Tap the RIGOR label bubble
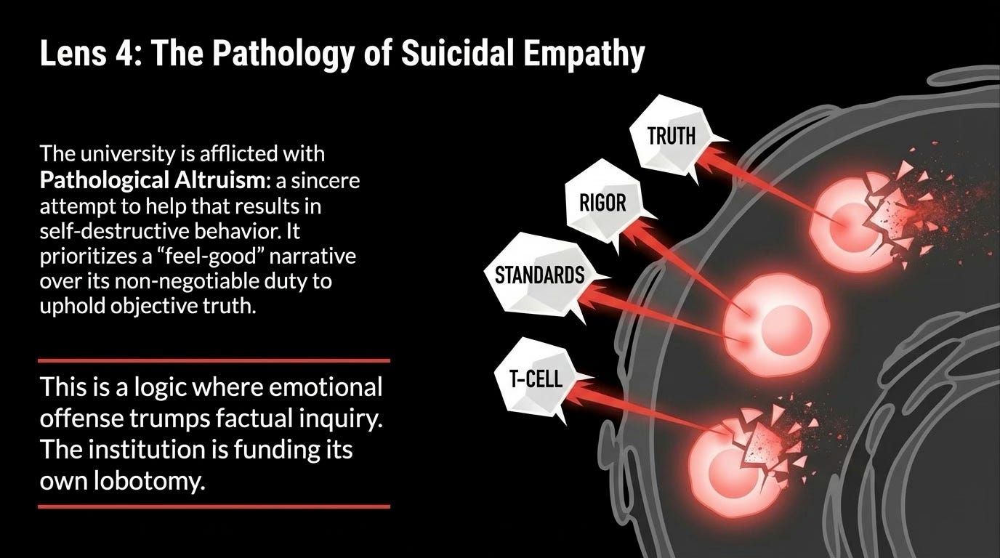point(602,202)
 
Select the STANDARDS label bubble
point(539,275)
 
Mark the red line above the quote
point(214,360)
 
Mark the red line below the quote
point(214,506)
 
